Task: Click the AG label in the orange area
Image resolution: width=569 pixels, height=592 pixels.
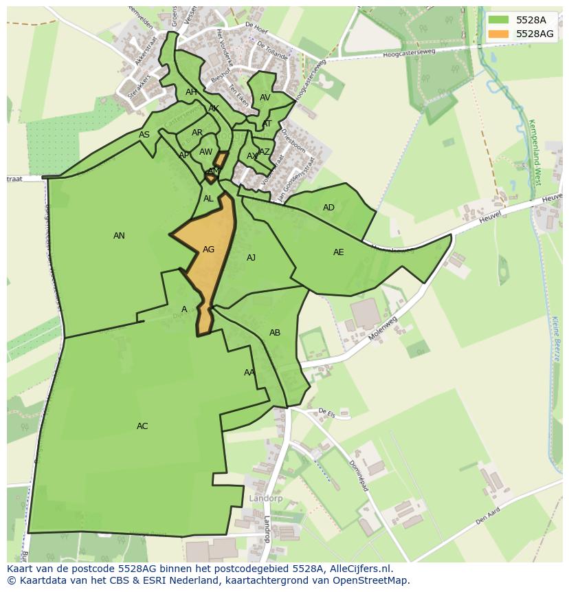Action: coord(208,250)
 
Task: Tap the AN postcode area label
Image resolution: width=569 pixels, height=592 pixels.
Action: coord(119,236)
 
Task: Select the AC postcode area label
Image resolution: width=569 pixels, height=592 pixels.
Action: coord(142,426)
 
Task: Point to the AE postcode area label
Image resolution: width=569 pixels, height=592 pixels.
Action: coord(338,252)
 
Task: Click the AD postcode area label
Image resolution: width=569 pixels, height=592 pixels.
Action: coord(328,208)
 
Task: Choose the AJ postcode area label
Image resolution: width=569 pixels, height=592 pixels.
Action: coord(251,258)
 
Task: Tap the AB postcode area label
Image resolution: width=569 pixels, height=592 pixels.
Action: coord(275,333)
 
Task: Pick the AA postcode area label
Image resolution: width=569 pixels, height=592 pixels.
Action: coord(249,373)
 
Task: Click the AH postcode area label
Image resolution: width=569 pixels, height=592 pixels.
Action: coord(191,92)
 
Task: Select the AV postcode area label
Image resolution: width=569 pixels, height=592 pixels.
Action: coord(265,98)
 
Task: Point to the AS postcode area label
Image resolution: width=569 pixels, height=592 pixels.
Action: coord(144,135)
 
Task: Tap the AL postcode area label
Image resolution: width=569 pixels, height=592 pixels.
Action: coord(208,199)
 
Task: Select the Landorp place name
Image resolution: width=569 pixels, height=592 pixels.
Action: coord(266,498)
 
